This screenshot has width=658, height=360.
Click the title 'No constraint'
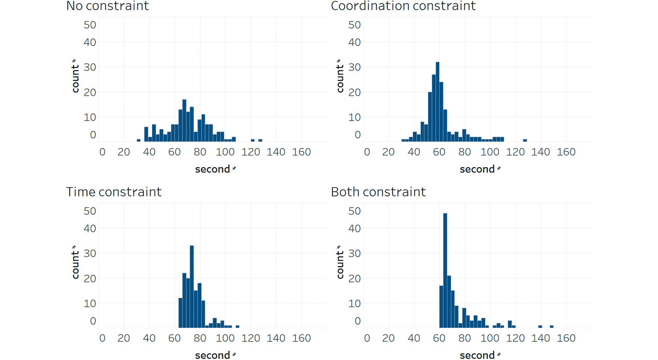pos(108,6)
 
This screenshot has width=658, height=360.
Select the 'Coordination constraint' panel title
pos(403,6)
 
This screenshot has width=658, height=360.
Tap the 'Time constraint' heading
pos(114,192)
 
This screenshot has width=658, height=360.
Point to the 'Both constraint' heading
pos(378,192)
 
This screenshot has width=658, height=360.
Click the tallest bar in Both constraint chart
pos(445,270)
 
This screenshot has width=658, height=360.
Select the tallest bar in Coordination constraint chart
pos(437,102)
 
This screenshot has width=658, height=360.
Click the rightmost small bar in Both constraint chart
pos(551,326)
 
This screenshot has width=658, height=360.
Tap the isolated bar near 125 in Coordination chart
pos(525,140)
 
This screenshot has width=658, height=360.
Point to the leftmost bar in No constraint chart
pos(138,140)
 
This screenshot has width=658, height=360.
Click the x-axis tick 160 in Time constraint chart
pos(301,338)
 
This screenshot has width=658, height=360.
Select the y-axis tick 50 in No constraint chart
pos(90,25)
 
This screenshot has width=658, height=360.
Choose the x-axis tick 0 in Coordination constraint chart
pos(367,152)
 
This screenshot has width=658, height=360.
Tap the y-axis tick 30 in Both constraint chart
pos(355,253)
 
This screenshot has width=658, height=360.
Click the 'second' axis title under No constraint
pos(213,169)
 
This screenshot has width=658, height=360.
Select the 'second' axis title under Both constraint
pos(477,355)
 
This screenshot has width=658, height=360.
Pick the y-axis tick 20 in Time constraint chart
pos(90,278)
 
